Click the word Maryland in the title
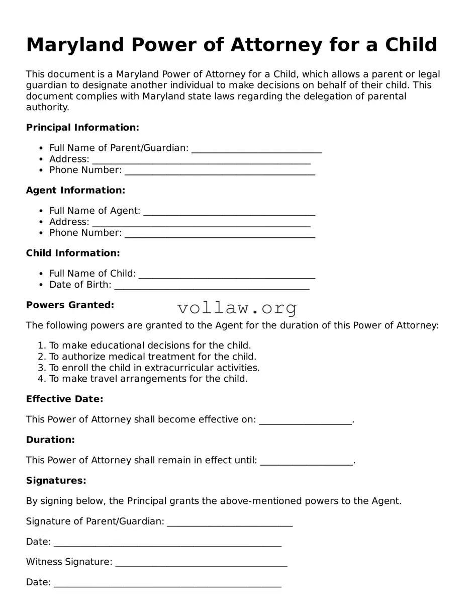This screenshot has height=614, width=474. tap(75, 45)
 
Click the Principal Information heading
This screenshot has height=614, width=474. tap(82, 128)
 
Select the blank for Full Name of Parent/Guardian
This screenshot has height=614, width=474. tap(256, 149)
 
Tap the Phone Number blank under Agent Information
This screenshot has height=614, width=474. tap(220, 234)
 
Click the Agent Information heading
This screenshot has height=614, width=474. tap(75, 191)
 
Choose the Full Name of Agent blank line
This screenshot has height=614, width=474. tap(229, 212)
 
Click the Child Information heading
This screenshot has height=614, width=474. tap(73, 253)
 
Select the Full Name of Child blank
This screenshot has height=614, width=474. tap(227, 275)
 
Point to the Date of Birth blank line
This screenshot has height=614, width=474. tap(212, 286)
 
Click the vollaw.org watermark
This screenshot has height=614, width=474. tap(237, 307)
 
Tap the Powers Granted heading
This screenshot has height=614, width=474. tap(70, 305)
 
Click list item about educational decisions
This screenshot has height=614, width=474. tap(150, 346)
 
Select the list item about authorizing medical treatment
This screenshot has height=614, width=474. tap(152, 357)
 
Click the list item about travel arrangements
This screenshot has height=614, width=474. tap(148, 379)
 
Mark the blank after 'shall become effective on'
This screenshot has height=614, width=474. tap(305, 421)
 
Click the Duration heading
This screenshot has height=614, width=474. tap(50, 440)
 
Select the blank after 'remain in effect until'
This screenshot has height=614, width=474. tap(307, 462)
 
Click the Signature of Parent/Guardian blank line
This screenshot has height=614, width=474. tap(230, 523)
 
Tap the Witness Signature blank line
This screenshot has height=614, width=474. tap(201, 563)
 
